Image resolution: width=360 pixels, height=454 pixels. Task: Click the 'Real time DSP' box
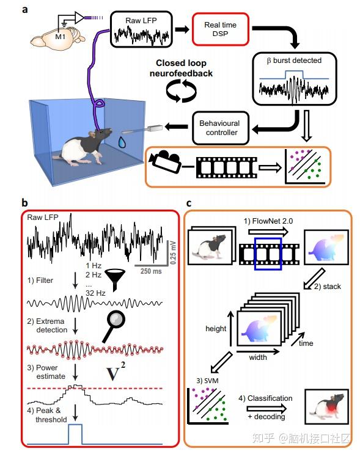pos(221,29)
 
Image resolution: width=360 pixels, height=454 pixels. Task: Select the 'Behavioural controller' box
pos(221,128)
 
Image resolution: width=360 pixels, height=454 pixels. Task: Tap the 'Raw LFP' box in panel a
pos(141,29)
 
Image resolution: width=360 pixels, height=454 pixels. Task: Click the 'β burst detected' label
pos(294,60)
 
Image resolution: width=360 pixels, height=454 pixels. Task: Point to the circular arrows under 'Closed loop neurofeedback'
pos(182,91)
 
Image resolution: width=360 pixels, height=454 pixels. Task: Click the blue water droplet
pos(122,142)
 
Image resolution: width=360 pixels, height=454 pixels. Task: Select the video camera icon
pos(165,162)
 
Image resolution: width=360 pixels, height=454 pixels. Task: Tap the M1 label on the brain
pos(61,37)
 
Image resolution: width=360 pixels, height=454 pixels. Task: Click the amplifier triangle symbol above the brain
pos(79,18)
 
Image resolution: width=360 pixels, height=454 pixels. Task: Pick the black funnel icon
pos(115,279)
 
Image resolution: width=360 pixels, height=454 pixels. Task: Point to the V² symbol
pos(116,371)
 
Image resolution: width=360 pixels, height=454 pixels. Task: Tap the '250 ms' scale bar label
pos(151,271)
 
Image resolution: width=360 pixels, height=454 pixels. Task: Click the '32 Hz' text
pos(95,293)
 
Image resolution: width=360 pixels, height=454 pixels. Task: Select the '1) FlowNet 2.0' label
pos(268,221)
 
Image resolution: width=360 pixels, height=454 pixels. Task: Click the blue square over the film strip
pos(268,254)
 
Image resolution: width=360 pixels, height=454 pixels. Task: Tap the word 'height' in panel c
pos(216,329)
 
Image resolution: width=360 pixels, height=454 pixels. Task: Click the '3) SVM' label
pos(207,381)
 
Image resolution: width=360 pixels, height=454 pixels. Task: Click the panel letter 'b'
pos(24,203)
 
